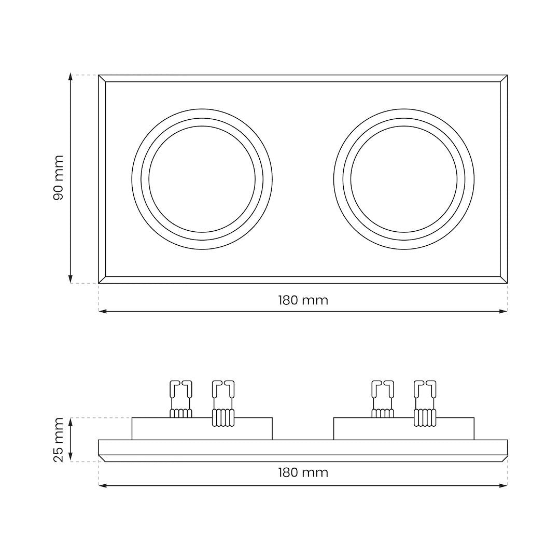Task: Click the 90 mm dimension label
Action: point(58,178)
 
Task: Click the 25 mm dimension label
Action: point(58,440)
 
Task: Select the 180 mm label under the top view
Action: point(303,300)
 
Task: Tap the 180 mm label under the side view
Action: point(303,472)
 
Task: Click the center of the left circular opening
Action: point(202,179)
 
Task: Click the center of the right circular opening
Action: point(404,179)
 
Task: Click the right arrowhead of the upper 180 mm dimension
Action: point(503,312)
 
